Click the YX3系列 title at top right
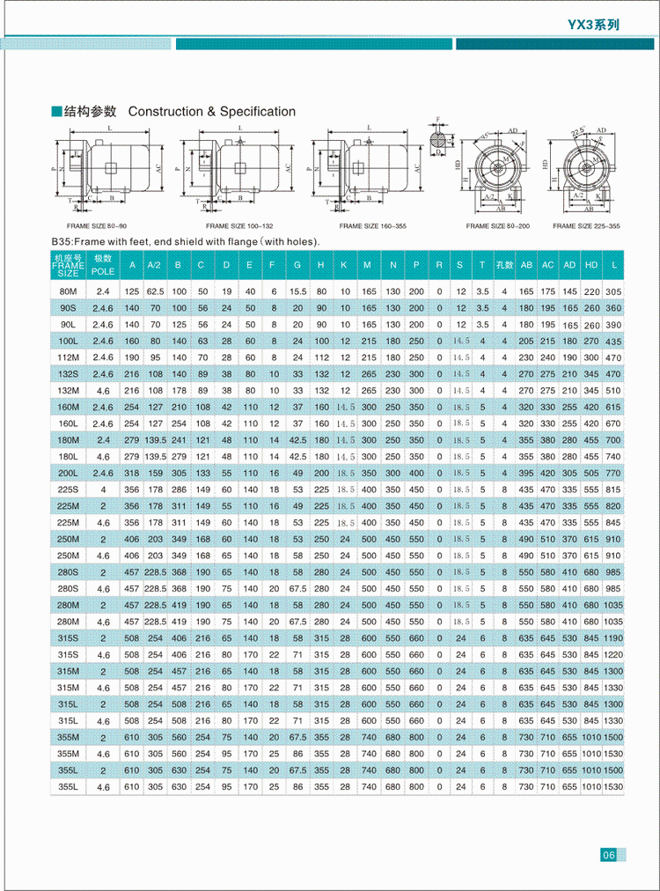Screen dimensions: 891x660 pyautogui.click(x=593, y=25)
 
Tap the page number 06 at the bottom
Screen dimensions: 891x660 pyautogui.click(x=608, y=854)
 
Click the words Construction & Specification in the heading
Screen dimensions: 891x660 pyautogui.click(x=212, y=112)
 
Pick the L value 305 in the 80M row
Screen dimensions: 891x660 pyautogui.click(x=613, y=291)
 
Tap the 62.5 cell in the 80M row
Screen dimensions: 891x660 pyautogui.click(x=156, y=291)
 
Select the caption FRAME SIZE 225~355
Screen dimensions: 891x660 pyautogui.click(x=586, y=225)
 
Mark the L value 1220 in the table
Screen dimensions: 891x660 pyautogui.click(x=613, y=654)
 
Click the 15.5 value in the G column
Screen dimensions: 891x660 pyautogui.click(x=297, y=291)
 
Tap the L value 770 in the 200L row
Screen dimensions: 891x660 pyautogui.click(x=613, y=472)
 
